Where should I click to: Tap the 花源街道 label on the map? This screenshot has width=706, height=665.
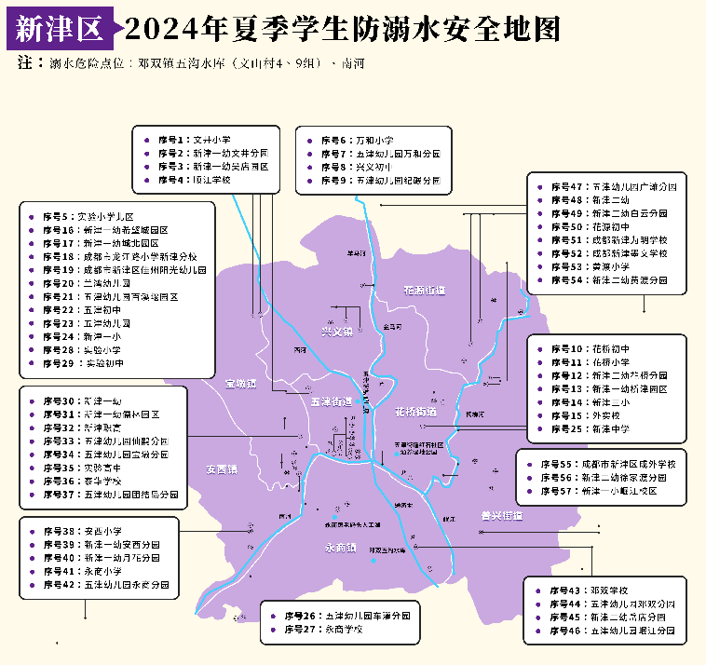[x=425, y=291]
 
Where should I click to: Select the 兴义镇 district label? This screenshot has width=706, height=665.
[x=336, y=331]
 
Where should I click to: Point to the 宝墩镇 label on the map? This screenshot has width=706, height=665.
[x=239, y=383]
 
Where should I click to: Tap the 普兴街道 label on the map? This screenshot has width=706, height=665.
[x=501, y=515]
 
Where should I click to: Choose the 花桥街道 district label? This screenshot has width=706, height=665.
[x=415, y=411]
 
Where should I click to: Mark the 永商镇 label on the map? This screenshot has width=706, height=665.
[x=342, y=547]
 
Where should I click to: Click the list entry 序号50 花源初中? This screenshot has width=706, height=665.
[x=587, y=226]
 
